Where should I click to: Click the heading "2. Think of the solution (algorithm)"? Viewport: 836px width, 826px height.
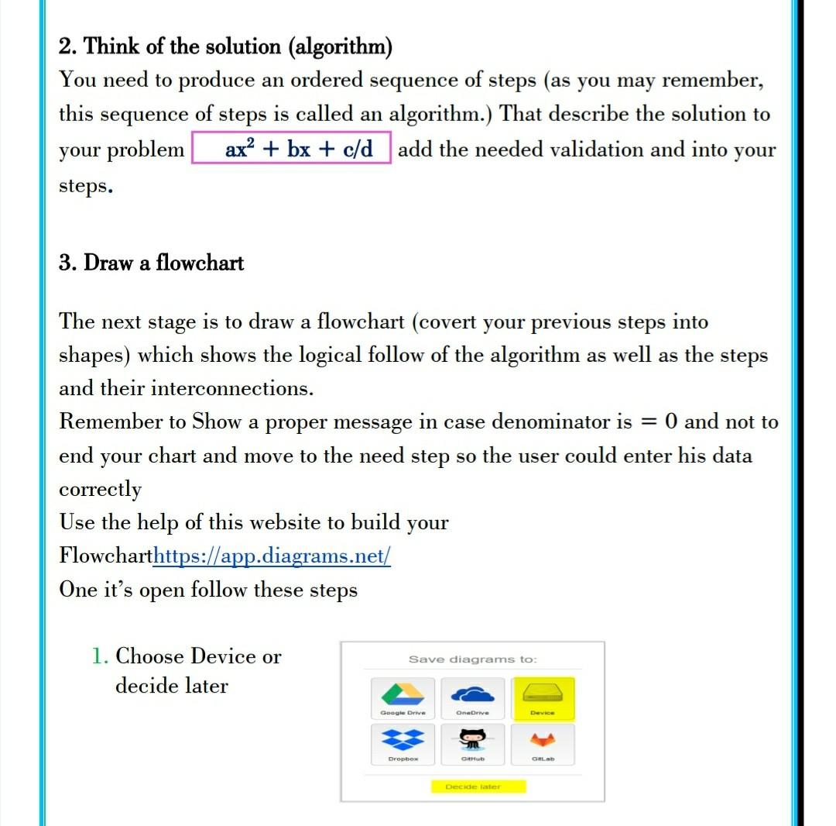[225, 47]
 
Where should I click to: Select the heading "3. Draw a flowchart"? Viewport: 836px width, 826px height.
[151, 263]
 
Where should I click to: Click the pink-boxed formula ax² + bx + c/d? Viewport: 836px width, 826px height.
[298, 149]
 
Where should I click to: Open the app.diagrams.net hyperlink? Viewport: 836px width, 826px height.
[272, 556]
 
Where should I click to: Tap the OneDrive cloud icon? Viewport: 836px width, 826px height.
[472, 694]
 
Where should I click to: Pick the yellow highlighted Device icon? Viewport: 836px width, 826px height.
[543, 694]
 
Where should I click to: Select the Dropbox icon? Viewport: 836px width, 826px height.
[403, 740]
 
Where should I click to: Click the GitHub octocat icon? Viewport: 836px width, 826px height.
[472, 740]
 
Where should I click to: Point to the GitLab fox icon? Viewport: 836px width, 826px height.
[543, 740]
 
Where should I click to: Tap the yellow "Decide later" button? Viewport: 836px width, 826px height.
[472, 786]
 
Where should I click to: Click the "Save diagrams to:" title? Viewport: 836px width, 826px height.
[472, 659]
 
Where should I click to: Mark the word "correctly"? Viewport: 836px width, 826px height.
[100, 490]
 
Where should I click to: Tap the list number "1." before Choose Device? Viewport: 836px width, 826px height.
[100, 657]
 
